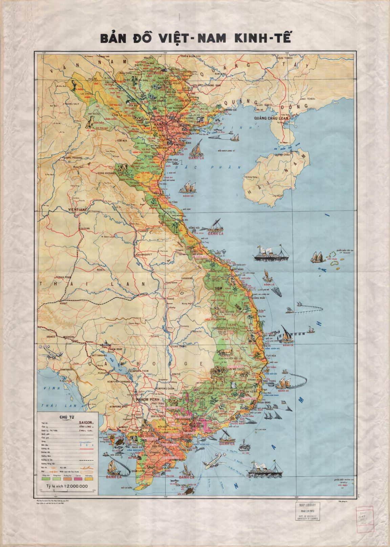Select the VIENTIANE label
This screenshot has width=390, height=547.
coord(78,210)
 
